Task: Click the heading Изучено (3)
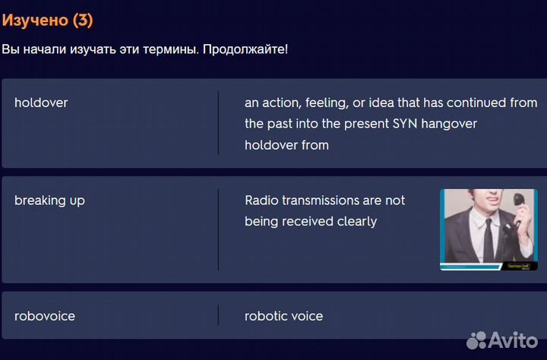coord(47,21)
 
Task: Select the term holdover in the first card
coord(41,103)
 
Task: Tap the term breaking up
coord(49,201)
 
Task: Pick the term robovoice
coord(45,316)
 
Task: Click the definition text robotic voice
coord(283,316)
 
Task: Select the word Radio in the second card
coord(261,201)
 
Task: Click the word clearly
coord(354,222)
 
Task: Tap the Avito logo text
coord(513,339)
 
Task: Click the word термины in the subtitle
coord(173,49)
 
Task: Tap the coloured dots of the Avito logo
coord(476,339)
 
